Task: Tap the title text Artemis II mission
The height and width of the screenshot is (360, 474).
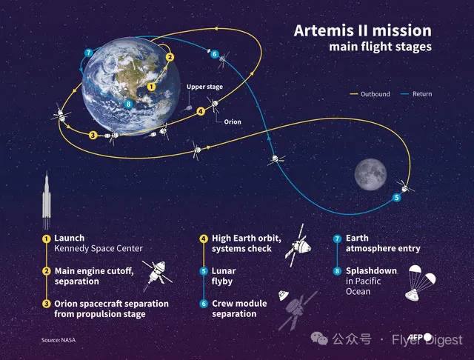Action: (x=363, y=31)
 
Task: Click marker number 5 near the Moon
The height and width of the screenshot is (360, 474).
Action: (x=396, y=198)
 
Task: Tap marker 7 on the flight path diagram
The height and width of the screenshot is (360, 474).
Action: (x=88, y=53)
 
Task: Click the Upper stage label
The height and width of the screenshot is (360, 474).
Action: (x=204, y=87)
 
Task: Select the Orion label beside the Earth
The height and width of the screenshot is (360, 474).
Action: (x=233, y=121)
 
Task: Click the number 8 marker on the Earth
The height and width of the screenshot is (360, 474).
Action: (x=129, y=104)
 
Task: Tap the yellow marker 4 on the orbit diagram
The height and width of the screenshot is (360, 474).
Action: (x=201, y=112)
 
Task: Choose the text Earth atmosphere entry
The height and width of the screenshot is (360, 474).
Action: (x=371, y=244)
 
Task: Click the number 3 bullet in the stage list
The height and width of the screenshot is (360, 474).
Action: (x=46, y=304)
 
